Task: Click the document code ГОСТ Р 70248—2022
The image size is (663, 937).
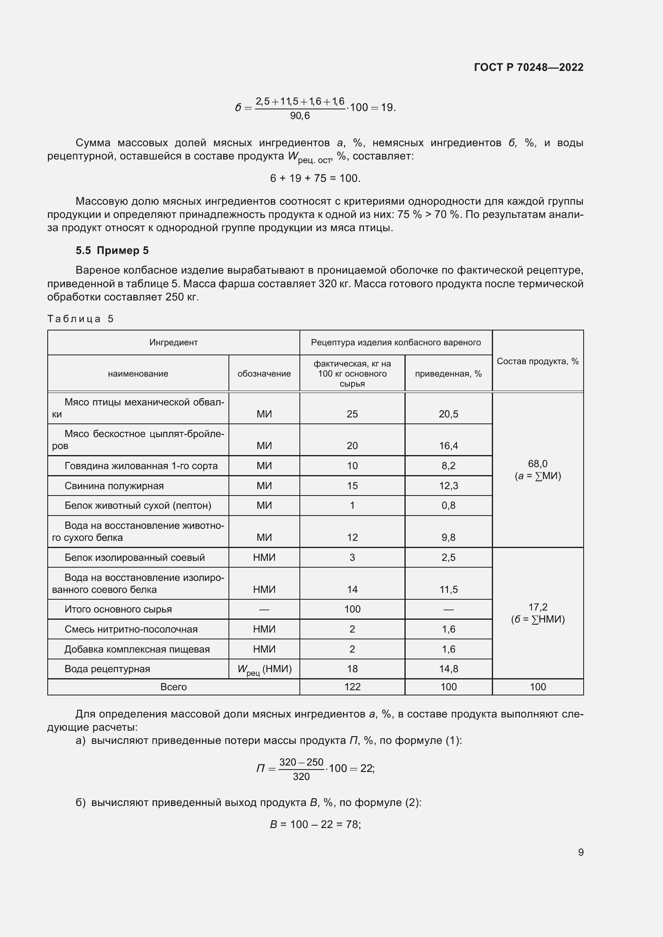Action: click(528, 67)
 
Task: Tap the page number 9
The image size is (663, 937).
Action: click(580, 852)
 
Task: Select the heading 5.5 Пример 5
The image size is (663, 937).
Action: click(112, 250)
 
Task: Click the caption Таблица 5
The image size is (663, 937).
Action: click(81, 319)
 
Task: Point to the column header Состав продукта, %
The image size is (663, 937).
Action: click(537, 361)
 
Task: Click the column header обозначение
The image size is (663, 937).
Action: click(264, 373)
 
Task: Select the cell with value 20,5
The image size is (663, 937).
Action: click(448, 414)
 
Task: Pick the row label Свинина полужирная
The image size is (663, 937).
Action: click(114, 486)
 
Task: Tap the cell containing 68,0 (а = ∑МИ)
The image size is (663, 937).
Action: click(537, 470)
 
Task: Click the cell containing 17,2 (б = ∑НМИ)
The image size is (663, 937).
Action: click(537, 613)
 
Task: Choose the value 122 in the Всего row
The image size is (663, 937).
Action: click(352, 687)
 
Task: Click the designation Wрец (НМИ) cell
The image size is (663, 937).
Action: click(264, 669)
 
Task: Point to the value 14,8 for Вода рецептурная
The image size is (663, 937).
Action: click(448, 669)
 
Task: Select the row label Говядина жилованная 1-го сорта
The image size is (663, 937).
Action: click(141, 465)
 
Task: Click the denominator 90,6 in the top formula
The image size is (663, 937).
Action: click(300, 116)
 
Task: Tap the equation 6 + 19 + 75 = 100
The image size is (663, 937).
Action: click(315, 178)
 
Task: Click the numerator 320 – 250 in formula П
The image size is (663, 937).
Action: click(301, 762)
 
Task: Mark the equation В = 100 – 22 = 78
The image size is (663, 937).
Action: click(315, 824)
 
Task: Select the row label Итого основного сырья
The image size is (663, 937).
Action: click(118, 609)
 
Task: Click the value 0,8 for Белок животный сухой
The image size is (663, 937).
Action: click(448, 505)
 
